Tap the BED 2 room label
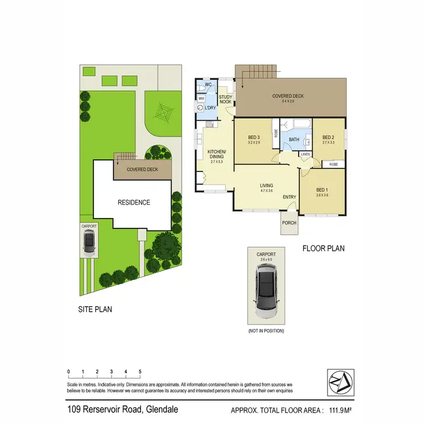point(329,137)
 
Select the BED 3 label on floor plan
point(254,137)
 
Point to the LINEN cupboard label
point(305,154)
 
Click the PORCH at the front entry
point(289,223)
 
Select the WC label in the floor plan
point(208,85)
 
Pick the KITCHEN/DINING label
point(216,154)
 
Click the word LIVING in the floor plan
point(266,185)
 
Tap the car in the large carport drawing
point(266,291)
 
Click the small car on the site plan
point(89,243)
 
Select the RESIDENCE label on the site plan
point(134,202)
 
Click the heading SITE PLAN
point(95,309)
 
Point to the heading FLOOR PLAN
point(323,248)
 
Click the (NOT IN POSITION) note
point(266,330)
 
